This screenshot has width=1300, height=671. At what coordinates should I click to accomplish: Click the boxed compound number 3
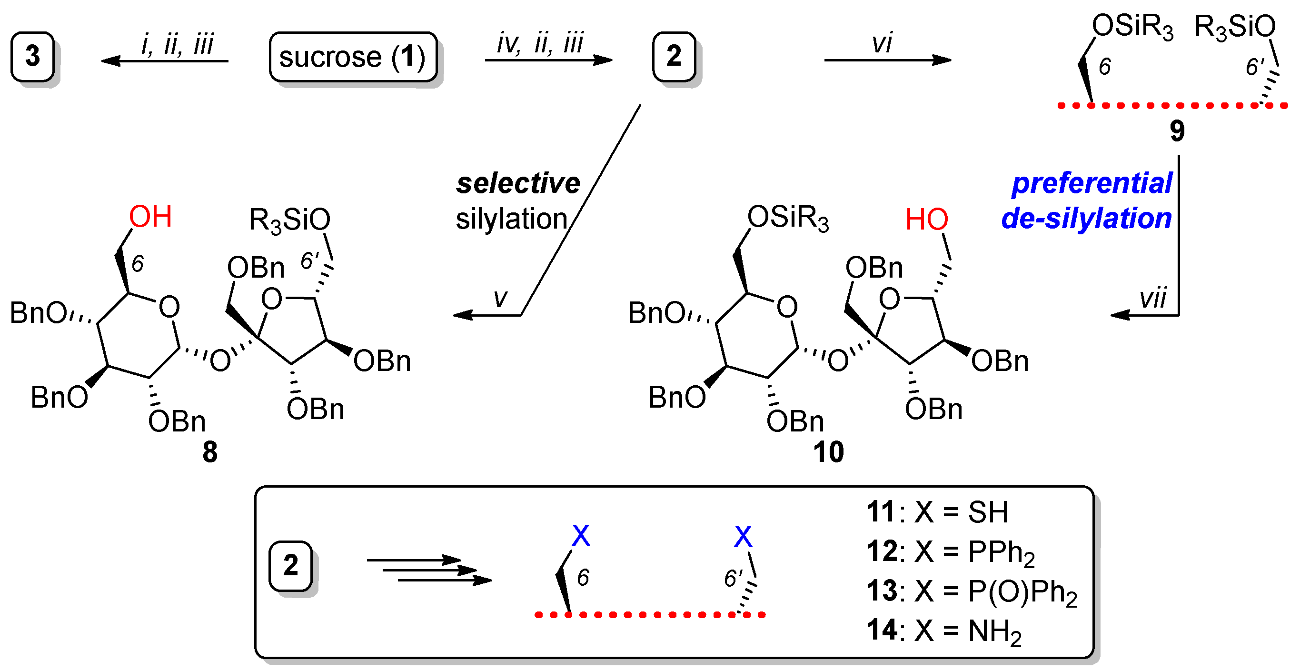point(32,56)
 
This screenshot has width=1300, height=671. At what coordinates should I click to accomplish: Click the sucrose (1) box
point(353,57)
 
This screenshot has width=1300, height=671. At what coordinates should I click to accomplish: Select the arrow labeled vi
point(887,60)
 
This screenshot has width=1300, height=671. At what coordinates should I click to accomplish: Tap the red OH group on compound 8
point(150,217)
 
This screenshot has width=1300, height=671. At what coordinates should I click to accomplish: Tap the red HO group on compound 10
point(926,220)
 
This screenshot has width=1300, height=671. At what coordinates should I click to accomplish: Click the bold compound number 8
point(210,451)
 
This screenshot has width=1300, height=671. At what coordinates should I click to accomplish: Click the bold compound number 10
point(828,451)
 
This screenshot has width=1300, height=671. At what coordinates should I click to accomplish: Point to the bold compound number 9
point(1177,131)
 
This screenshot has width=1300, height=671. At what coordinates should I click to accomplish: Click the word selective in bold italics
point(518,183)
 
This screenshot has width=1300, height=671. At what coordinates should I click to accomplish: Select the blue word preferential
point(1092,183)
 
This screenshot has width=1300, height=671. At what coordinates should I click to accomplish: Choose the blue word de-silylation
point(1087,219)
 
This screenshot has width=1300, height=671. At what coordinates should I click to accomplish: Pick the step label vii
point(1153,298)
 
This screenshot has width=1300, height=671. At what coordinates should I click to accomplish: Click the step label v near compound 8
point(500,298)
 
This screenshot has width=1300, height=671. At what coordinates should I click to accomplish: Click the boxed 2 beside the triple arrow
point(290,565)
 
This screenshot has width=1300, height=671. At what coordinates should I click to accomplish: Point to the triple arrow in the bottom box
point(429,571)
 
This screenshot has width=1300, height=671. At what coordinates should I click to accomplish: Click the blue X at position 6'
point(743,536)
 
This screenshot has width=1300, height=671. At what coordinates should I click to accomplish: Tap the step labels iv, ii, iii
point(540,43)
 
